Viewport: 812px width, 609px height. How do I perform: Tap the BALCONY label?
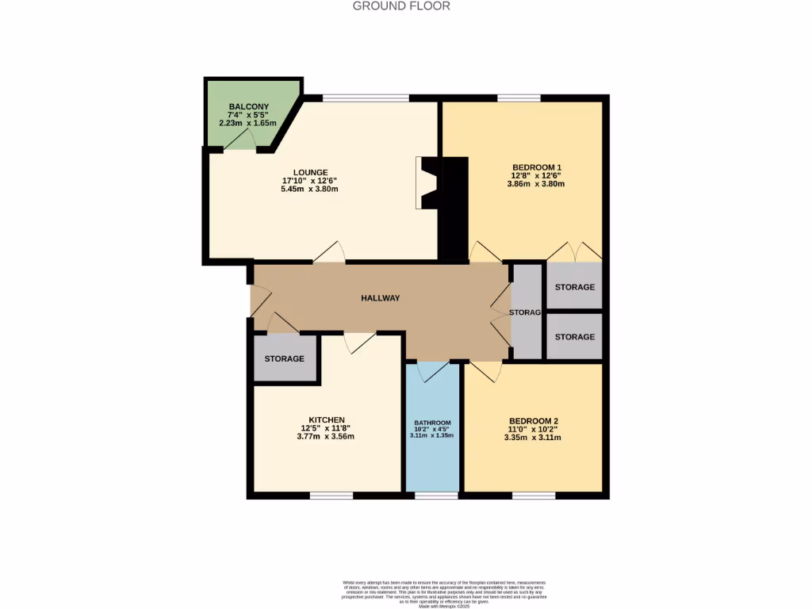[x=248, y=107]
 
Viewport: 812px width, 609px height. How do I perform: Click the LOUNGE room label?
[x=310, y=172]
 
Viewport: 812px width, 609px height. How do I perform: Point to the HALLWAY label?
[x=381, y=298]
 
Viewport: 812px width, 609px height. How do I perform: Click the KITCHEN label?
[x=327, y=419]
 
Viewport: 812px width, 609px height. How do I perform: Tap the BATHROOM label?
[x=432, y=423]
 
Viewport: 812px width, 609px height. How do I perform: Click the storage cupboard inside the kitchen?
[x=285, y=358]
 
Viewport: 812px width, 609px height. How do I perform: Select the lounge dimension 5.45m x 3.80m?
[x=310, y=190]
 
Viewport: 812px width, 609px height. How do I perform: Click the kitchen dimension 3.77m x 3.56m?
[x=327, y=436]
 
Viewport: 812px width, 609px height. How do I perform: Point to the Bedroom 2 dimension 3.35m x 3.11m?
[x=532, y=437]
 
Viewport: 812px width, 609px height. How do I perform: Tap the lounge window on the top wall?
[x=366, y=98]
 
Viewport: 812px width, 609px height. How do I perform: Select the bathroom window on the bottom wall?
[x=437, y=496]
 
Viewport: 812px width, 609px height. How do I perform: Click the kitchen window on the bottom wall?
[x=331, y=496]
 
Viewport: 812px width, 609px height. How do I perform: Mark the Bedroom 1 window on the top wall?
[x=519, y=98]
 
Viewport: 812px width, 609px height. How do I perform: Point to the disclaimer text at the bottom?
[x=444, y=593]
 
